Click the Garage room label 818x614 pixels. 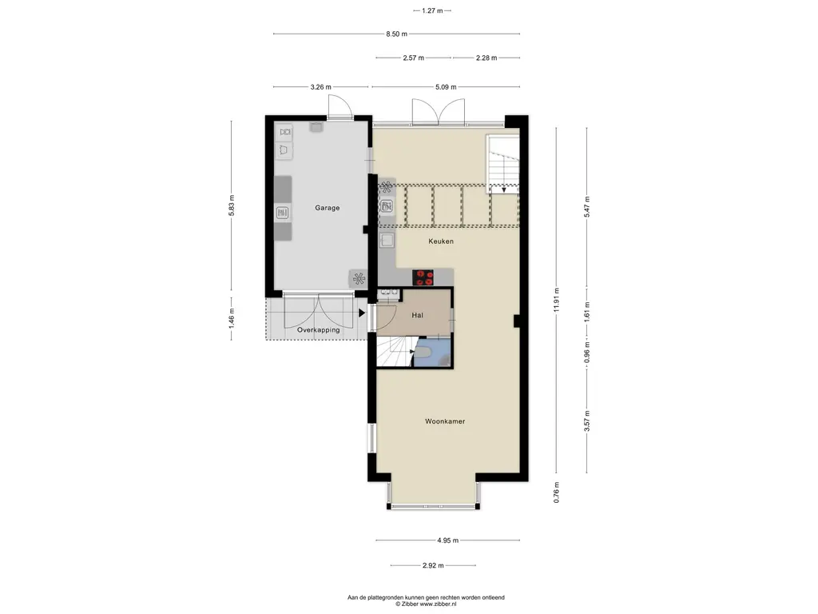(x=327, y=208)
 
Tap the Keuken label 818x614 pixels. (x=441, y=241)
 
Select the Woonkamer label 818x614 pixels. (x=445, y=421)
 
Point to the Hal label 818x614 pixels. (x=417, y=315)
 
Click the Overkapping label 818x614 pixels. (x=318, y=330)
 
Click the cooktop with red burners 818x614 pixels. (x=423, y=277)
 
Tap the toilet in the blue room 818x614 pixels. (x=422, y=353)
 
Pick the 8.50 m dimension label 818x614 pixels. (x=396, y=34)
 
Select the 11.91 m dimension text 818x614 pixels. (x=557, y=301)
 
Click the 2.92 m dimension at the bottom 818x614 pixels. (x=433, y=565)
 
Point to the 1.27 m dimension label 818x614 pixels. (x=432, y=10)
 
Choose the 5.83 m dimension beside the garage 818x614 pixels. (x=232, y=205)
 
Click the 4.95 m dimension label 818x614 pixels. (x=447, y=540)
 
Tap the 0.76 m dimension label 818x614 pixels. (x=557, y=492)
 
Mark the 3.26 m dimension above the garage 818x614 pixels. (x=321, y=87)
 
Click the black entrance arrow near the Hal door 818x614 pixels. (x=362, y=313)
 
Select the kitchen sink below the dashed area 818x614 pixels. (x=387, y=241)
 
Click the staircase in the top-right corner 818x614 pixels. (x=503, y=163)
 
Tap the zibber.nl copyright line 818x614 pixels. (x=426, y=604)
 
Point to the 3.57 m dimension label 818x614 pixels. (x=587, y=421)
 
